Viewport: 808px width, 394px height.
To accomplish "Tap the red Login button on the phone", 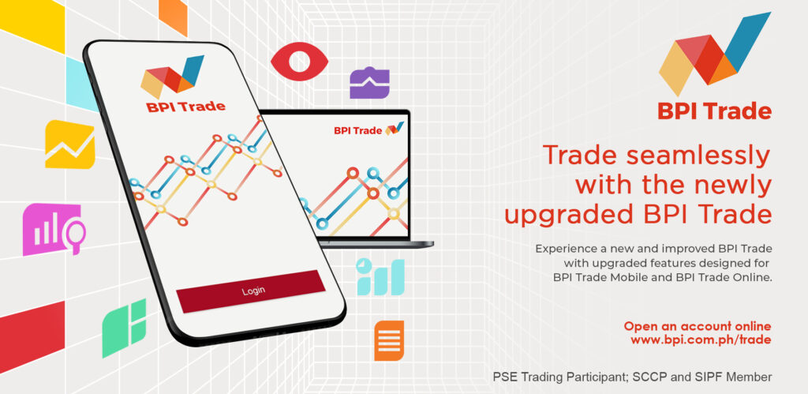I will [251, 291].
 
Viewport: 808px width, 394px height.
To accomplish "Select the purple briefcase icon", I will [370, 82].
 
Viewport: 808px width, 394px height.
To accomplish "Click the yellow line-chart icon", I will [69, 144].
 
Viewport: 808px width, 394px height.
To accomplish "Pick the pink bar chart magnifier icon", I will [53, 229].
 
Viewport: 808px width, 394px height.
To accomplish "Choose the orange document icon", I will [389, 340].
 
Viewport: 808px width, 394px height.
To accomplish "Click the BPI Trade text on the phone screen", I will [185, 107].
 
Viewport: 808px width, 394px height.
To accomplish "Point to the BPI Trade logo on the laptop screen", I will [368, 129].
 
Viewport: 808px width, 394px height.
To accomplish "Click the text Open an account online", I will [698, 326].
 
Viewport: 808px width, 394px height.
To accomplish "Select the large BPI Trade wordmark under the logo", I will [714, 111].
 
